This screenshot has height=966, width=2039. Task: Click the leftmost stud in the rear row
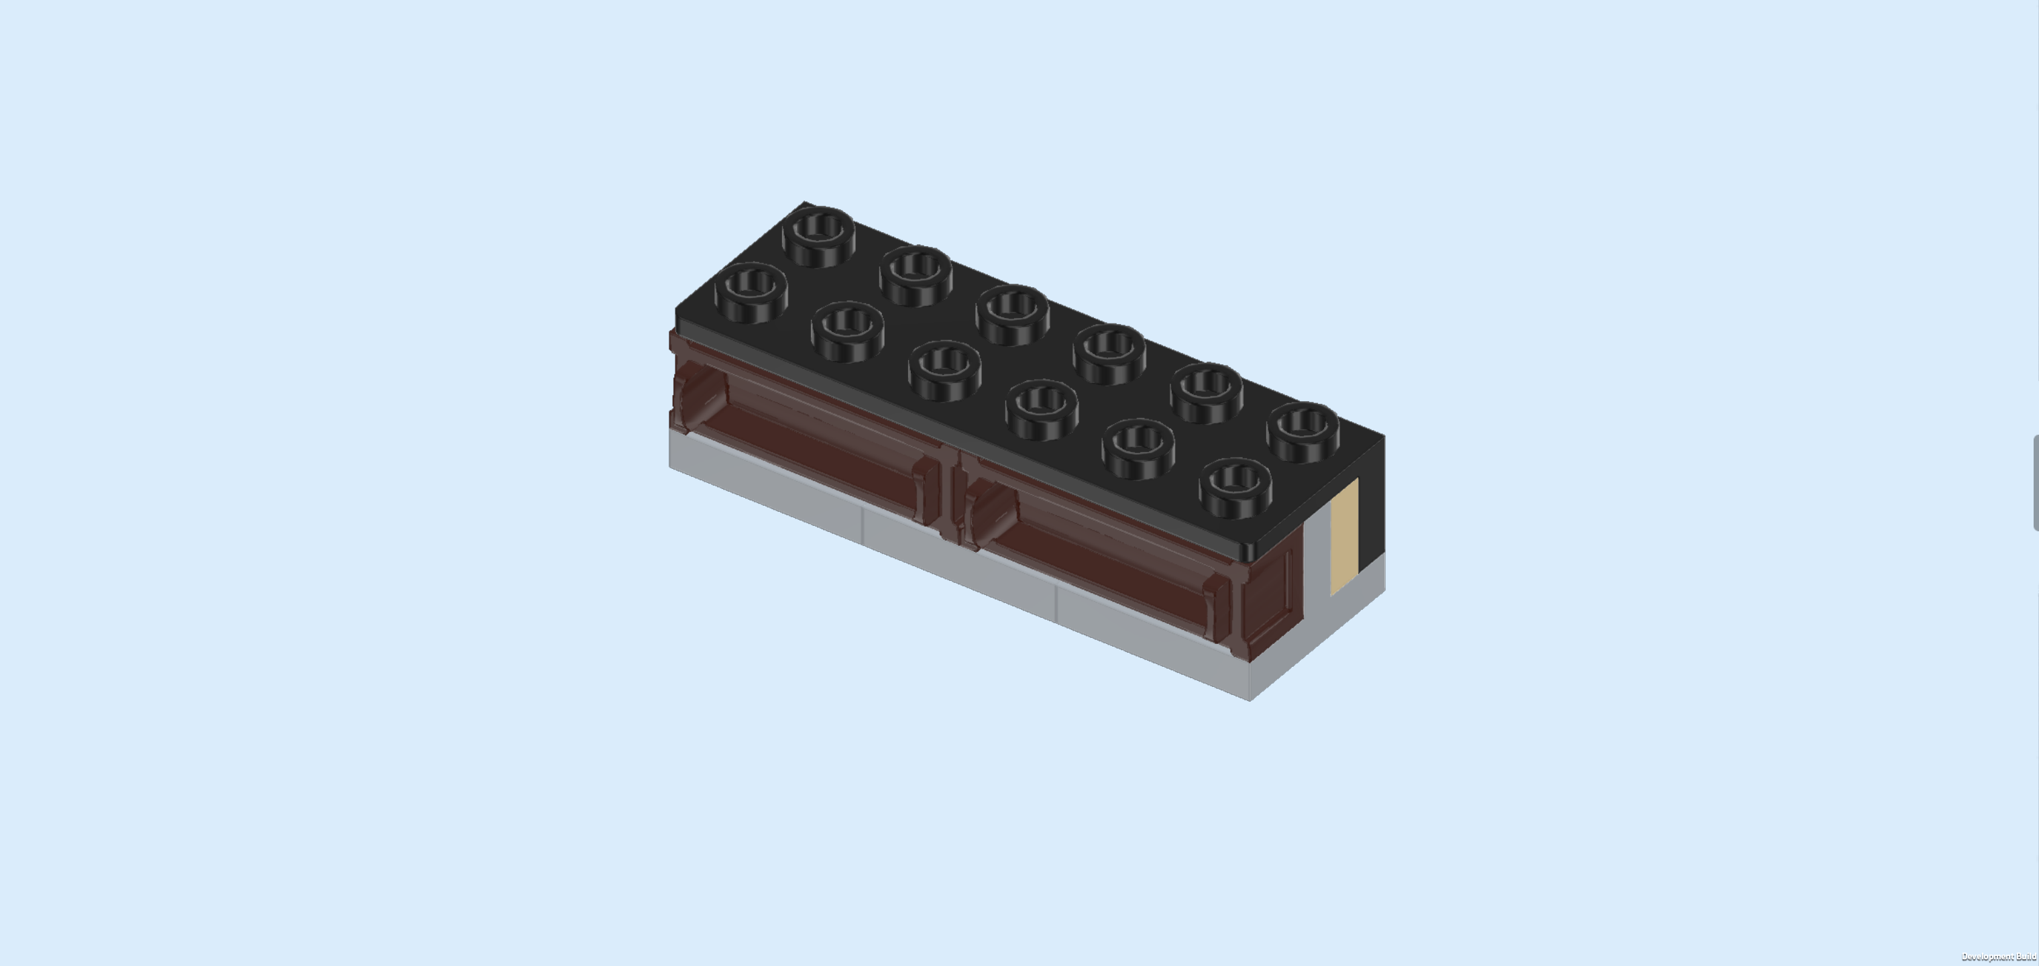coord(818,235)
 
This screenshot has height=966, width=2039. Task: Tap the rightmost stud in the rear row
coord(1303,431)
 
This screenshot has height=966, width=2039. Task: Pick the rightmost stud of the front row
coord(1235,488)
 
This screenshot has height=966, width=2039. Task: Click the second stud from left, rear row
coord(916,275)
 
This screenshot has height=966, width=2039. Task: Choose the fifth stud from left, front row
coord(1138,448)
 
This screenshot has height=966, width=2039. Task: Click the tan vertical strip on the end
coord(1344,537)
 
